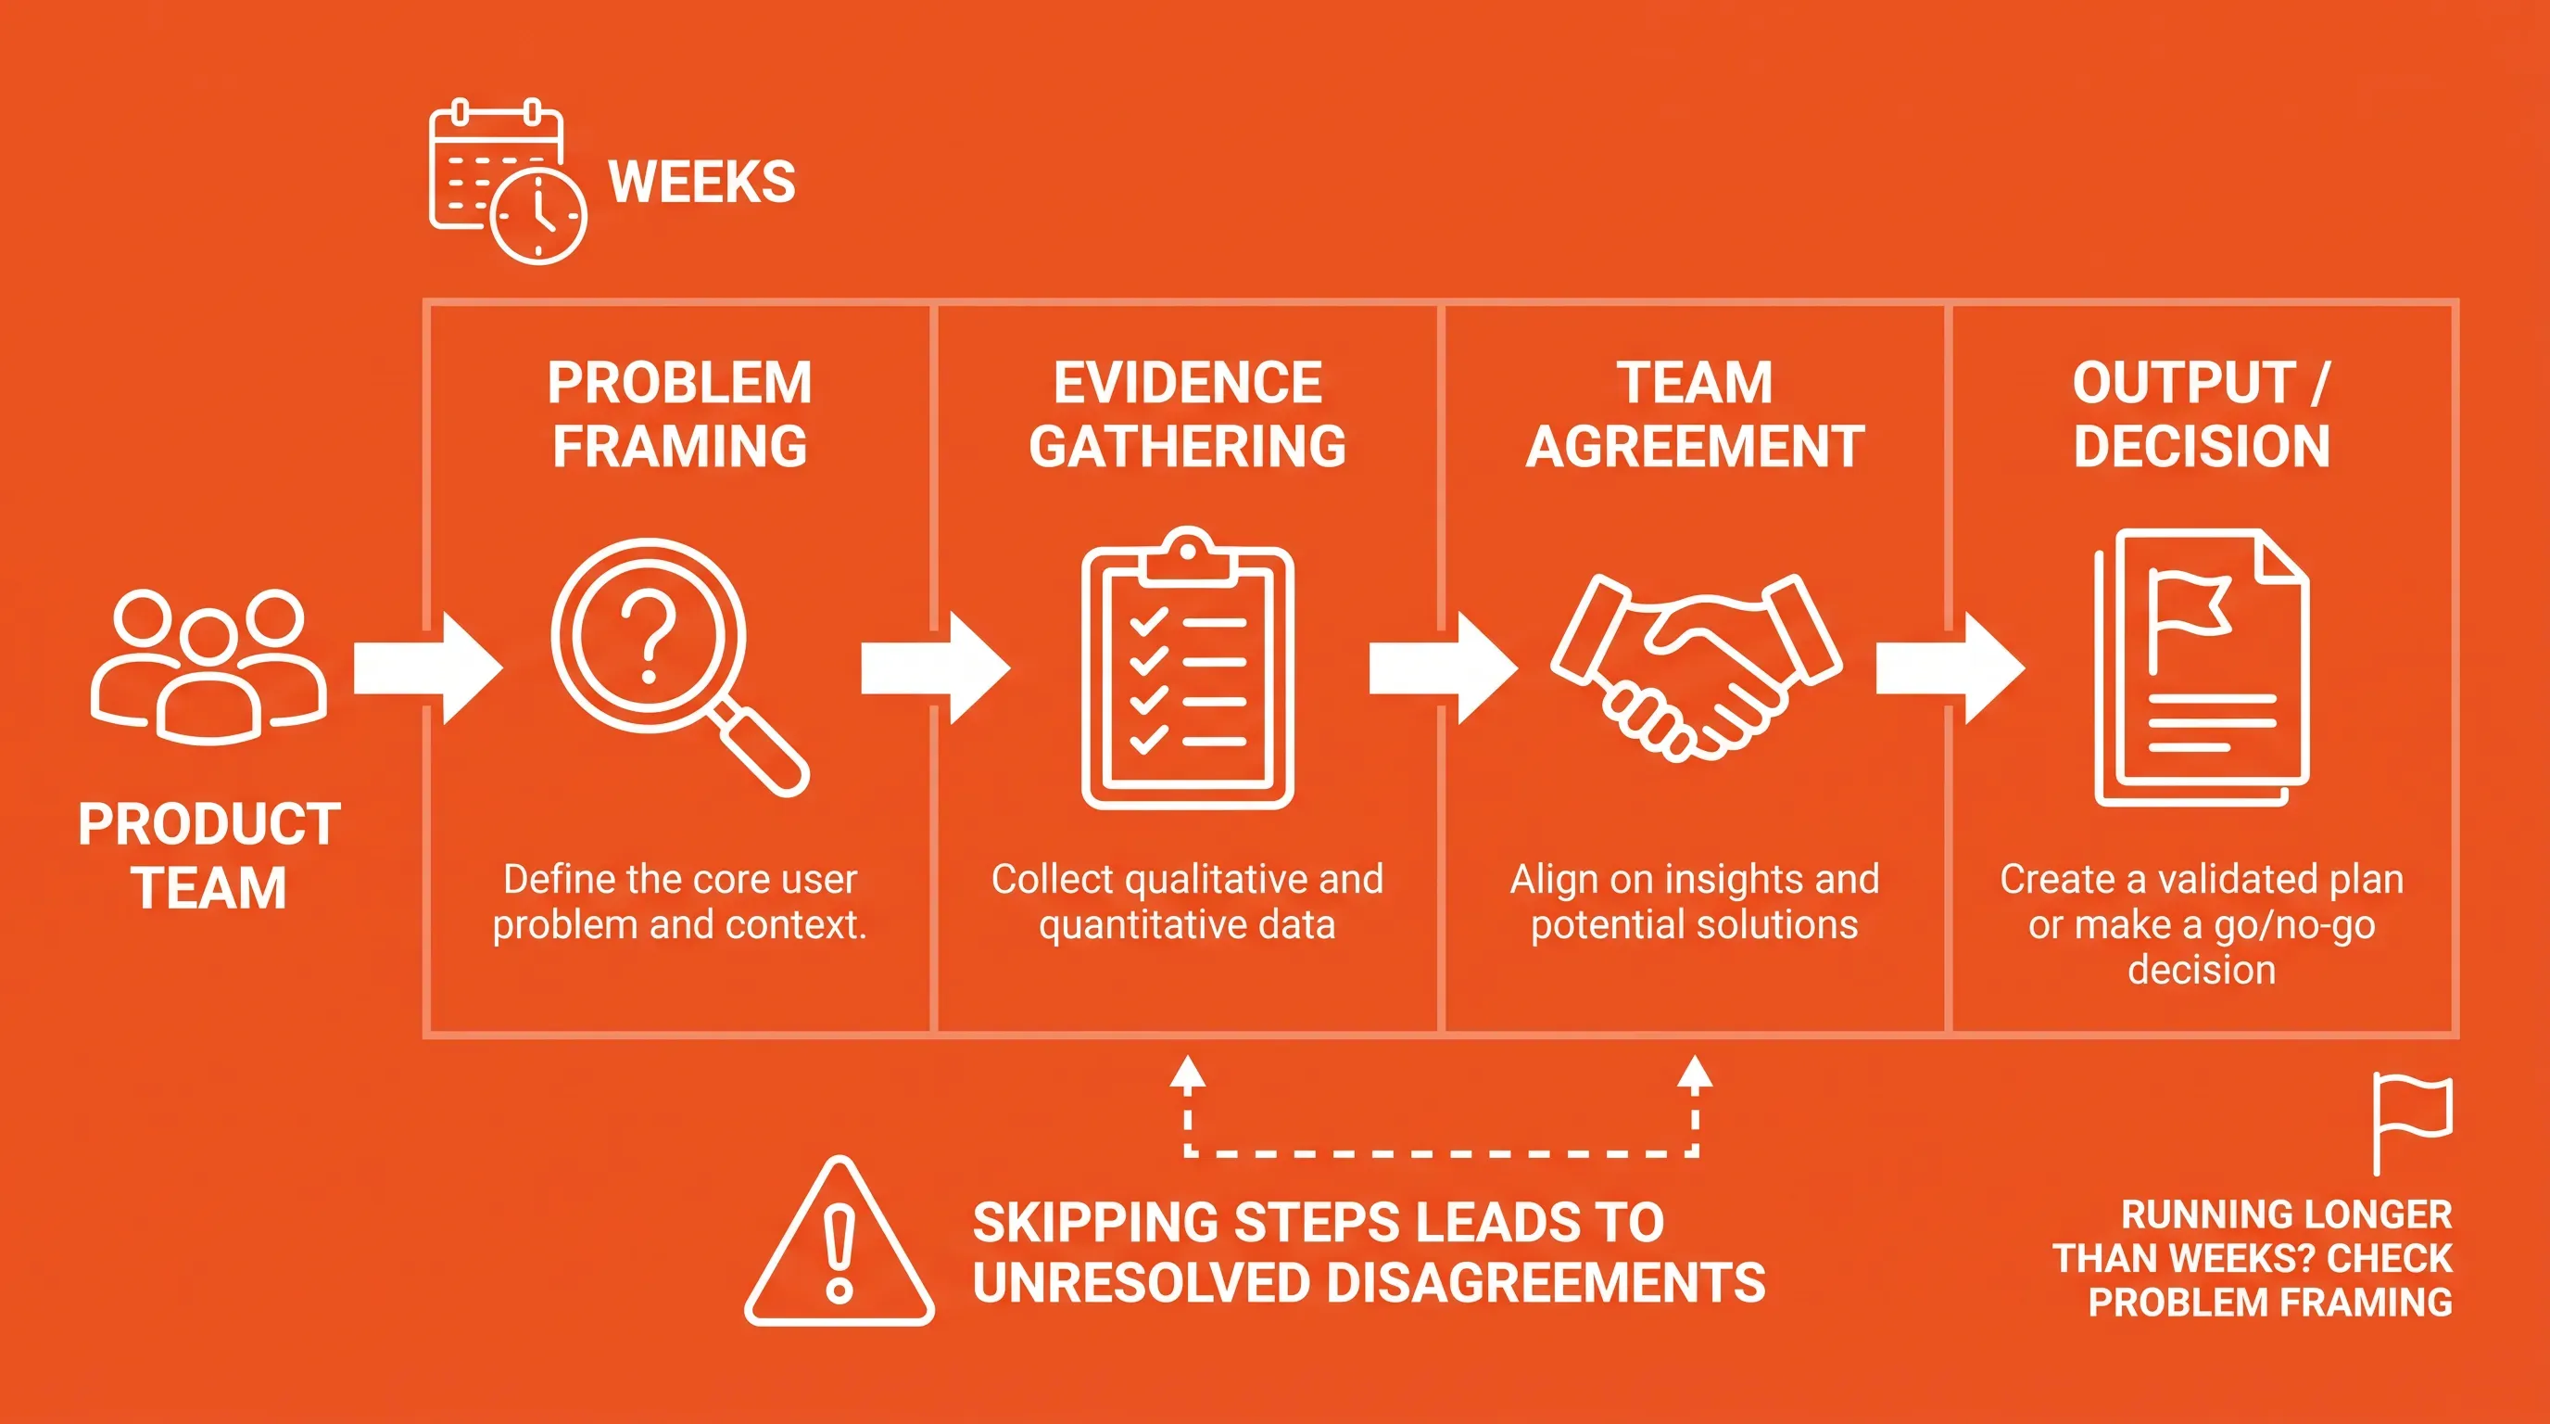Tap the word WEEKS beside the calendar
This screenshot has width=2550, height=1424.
tap(701, 183)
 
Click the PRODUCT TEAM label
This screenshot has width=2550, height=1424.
tap(209, 856)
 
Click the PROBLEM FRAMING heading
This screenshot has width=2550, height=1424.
tap(680, 413)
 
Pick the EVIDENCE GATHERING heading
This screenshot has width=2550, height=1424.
tap(1187, 413)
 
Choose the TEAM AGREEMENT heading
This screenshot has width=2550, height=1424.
tap(1695, 413)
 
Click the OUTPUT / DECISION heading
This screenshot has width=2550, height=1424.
tap(2202, 413)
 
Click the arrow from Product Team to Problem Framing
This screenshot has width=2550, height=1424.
tap(429, 668)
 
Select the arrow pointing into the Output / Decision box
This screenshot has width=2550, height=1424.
tap(1950, 668)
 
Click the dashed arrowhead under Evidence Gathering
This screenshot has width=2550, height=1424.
tap(1187, 1073)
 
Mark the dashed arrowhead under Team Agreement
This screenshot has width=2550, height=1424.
tap(1695, 1073)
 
